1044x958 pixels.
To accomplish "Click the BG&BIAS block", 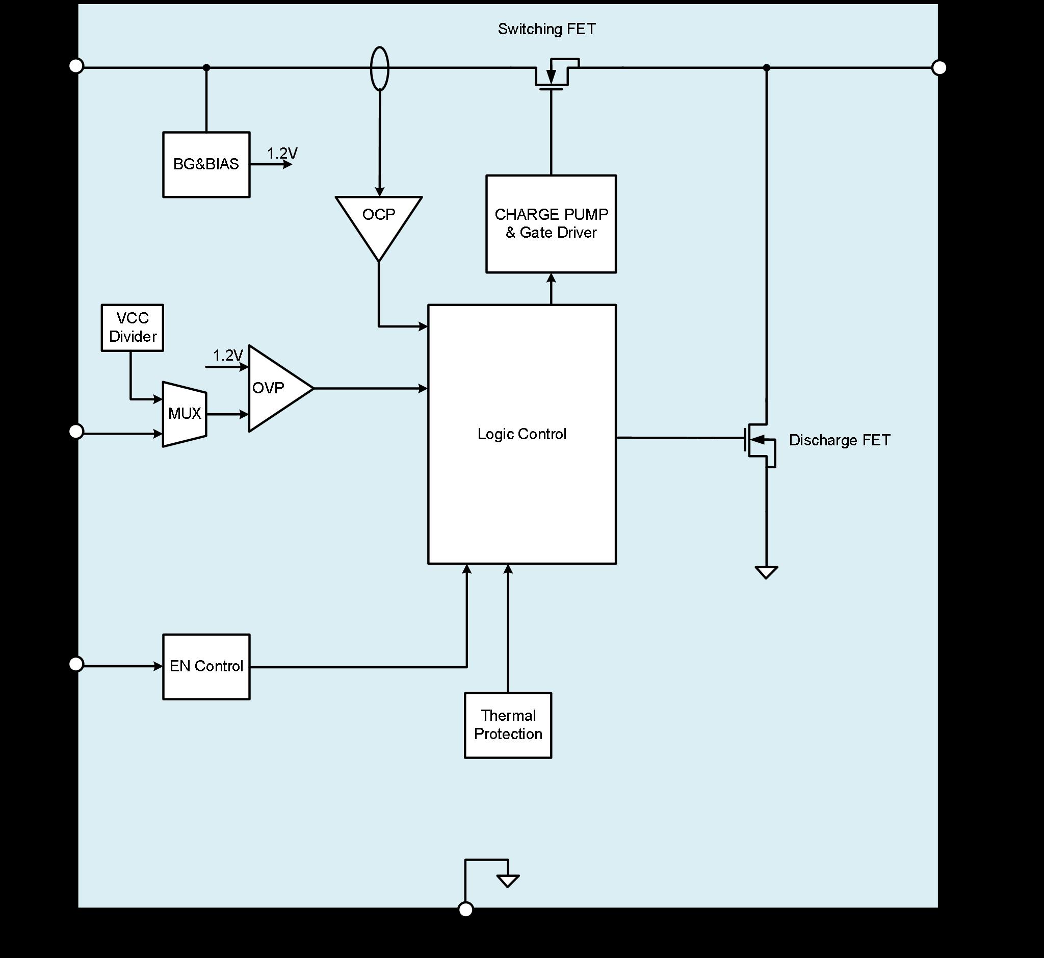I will click(206, 164).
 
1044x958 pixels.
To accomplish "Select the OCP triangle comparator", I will click(379, 220).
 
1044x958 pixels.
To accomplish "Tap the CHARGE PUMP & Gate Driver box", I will click(551, 223).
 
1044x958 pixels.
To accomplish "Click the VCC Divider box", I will click(132, 327).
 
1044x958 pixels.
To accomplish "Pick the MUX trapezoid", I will click(185, 414).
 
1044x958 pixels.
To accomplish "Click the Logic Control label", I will click(521, 434).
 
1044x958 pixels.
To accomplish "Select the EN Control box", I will click(206, 666).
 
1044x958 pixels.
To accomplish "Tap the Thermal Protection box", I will click(508, 725).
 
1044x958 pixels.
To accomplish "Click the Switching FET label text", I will click(546, 29).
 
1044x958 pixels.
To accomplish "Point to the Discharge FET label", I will click(840, 440).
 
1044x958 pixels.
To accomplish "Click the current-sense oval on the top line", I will click(380, 68).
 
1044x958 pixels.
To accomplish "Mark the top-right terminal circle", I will click(939, 67).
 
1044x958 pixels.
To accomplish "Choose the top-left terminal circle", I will click(76, 66).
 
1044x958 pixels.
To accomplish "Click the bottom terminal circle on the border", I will click(466, 909).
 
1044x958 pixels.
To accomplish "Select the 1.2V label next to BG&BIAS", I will click(282, 154).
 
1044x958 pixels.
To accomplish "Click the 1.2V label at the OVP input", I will click(228, 355).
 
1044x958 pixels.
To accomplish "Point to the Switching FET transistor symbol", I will click(552, 75).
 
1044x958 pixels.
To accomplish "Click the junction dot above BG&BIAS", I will click(206, 67).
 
